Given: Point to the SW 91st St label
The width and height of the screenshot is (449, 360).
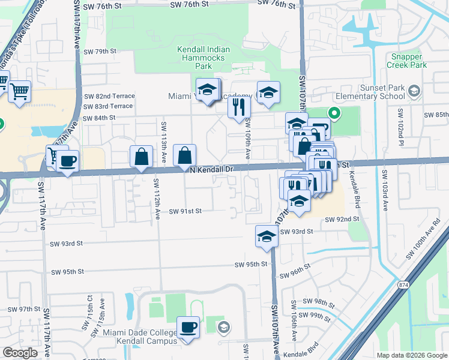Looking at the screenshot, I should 185,211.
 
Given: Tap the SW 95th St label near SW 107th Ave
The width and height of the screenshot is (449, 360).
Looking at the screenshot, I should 250,265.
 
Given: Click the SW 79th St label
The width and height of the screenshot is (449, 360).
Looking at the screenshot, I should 100,52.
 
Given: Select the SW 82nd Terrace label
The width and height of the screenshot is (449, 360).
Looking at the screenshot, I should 109,96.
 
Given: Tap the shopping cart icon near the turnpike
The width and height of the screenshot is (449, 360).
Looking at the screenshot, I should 20,92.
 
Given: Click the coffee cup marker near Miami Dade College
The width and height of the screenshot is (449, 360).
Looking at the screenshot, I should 188,327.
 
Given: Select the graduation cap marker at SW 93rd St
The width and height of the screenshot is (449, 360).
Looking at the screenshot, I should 266,236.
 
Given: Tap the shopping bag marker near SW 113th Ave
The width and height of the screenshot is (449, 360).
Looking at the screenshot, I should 140,157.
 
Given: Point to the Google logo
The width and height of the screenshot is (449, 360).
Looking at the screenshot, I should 20,353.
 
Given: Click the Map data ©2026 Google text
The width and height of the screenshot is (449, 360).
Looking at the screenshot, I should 411,355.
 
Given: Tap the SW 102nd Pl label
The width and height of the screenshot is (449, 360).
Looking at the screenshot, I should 400,124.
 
